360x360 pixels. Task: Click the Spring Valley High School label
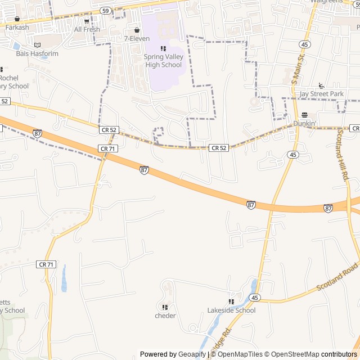pos(163,61)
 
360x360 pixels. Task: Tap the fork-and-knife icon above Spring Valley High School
pos(163,48)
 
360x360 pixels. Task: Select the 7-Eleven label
pos(137,39)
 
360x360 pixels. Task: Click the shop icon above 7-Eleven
pos(137,30)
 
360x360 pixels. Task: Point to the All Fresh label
pos(87,29)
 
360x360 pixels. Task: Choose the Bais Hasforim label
pos(37,54)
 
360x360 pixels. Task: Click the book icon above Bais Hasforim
pos(37,45)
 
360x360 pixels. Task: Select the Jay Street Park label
pos(321,94)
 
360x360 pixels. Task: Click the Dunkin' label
pos(304,123)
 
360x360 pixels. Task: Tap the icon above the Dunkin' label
pos(304,115)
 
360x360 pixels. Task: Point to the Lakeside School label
pos(231,310)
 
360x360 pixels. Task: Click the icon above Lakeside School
pos(231,301)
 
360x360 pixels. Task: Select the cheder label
pos(165,316)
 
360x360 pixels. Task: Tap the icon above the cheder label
pos(165,307)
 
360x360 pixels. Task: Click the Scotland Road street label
pos(337,277)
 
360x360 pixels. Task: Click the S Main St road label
pos(297,69)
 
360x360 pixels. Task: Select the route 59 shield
pos(105,11)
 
